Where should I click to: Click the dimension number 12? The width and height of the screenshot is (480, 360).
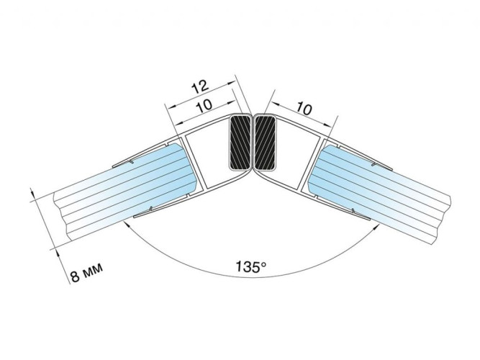(x=200, y=86)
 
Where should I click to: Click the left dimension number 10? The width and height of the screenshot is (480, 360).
(x=205, y=106)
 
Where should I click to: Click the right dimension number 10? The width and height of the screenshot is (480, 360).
(x=304, y=108)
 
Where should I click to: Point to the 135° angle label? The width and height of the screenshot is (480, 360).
(x=250, y=267)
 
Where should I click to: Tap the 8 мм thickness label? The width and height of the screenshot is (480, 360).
(x=86, y=272)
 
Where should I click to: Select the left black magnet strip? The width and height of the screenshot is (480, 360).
(x=240, y=143)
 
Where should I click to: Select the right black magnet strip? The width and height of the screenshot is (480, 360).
(x=265, y=143)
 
